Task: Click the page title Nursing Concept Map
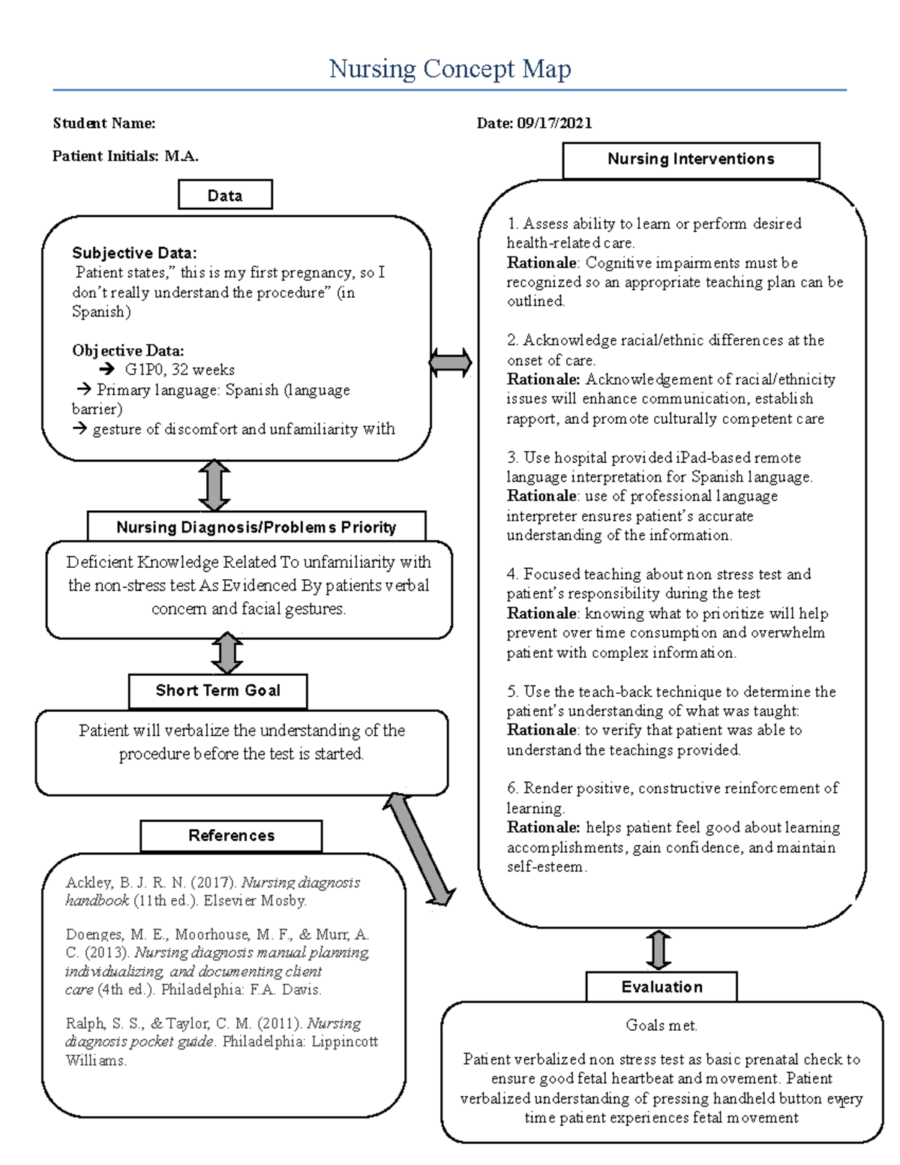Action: pos(450,69)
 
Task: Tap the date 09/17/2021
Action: pos(554,123)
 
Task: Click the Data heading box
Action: pos(225,195)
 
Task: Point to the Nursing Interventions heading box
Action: pos(691,159)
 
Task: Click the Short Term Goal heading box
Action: pos(217,691)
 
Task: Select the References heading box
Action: pos(231,836)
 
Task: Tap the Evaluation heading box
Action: pos(661,987)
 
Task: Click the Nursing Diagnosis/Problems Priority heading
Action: pos(256,527)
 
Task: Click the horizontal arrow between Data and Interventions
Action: pos(450,363)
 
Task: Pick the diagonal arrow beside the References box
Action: pos(420,850)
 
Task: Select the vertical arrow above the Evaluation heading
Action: pos(658,950)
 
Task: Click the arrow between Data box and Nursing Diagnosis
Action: pos(214,486)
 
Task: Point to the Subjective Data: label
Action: pos(134,253)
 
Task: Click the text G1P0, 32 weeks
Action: pos(180,370)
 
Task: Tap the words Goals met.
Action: pos(661,1025)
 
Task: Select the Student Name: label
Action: pos(104,123)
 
